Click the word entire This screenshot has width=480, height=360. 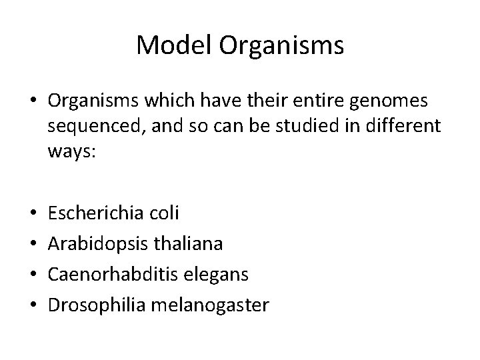pos(320,102)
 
